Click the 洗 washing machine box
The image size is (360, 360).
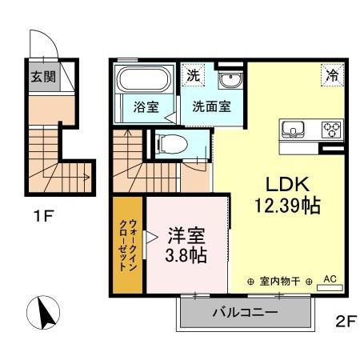point(192,76)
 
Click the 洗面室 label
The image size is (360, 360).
point(211,107)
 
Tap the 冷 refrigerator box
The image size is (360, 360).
point(332,76)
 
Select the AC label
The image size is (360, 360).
point(330,280)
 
